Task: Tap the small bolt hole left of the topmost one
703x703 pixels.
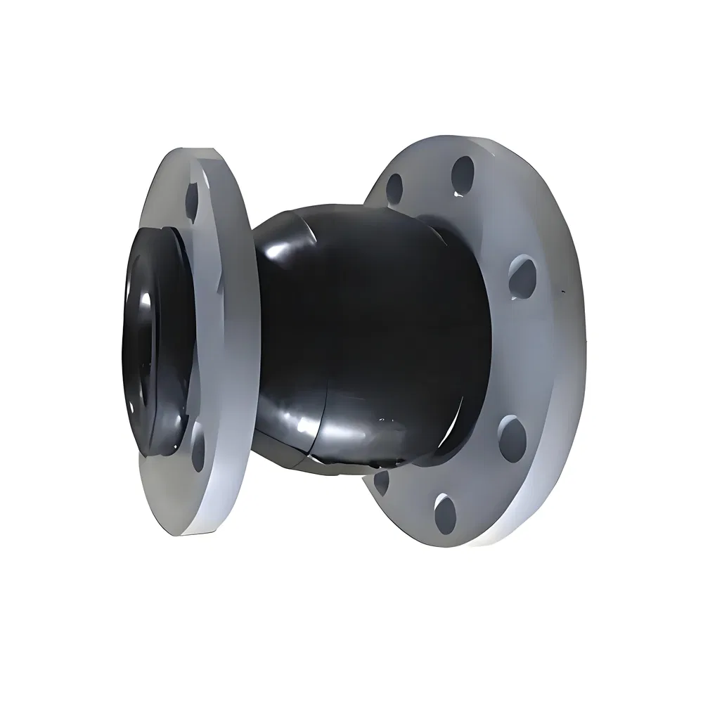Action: tap(395, 187)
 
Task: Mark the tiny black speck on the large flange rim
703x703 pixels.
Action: tap(562, 290)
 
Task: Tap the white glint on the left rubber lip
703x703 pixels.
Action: tap(149, 299)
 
